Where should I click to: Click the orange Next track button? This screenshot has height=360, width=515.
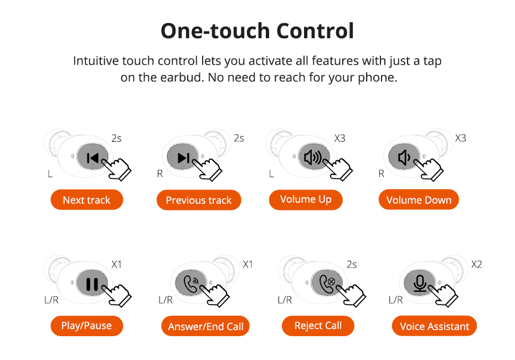pos(87,200)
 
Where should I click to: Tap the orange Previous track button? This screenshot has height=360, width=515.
pos(199,200)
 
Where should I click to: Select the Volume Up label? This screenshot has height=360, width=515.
pos(306,199)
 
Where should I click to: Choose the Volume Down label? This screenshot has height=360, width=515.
pos(419,200)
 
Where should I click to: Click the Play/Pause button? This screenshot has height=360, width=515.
pos(87,326)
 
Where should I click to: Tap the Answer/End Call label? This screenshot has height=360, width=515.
pos(205,326)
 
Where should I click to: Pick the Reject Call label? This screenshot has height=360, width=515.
pos(318,326)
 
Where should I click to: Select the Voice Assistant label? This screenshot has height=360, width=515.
pos(434,326)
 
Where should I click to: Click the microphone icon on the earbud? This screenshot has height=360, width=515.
pos(420,283)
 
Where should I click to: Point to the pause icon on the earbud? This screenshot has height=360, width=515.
pos(92,284)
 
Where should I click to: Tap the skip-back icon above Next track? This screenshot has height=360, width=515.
pos(93,158)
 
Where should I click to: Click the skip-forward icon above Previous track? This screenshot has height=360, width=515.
pos(184,158)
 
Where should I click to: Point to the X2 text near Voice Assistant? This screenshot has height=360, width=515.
pos(477,264)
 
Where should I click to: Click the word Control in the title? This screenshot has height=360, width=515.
pos(315,31)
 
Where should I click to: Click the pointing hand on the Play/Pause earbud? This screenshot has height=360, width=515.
pos(117,295)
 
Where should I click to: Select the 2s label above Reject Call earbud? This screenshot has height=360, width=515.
pos(352,264)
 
